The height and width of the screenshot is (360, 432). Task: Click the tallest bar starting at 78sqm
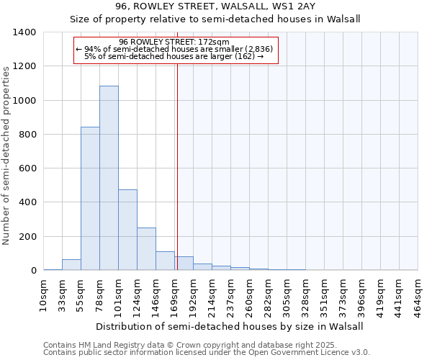pos(109,178)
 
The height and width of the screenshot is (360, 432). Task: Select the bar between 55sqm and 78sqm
pos(90,198)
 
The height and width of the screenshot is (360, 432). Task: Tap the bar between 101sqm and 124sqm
pos(127,230)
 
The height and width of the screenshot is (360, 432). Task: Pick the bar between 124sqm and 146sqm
pos(146,249)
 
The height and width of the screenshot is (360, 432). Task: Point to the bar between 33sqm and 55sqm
pos(71,265)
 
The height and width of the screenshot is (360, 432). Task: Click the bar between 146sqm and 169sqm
pos(165,261)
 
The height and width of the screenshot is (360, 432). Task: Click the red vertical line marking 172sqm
pos(176,166)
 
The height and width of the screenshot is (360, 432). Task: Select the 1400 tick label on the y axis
pos(24,32)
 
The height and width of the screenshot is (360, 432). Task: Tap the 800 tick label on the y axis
pos(27,135)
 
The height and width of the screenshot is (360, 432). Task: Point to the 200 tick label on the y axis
pos(27,237)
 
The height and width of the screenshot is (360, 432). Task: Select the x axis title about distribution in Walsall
pos(230,326)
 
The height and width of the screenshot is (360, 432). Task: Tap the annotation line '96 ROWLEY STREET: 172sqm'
pos(174,42)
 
